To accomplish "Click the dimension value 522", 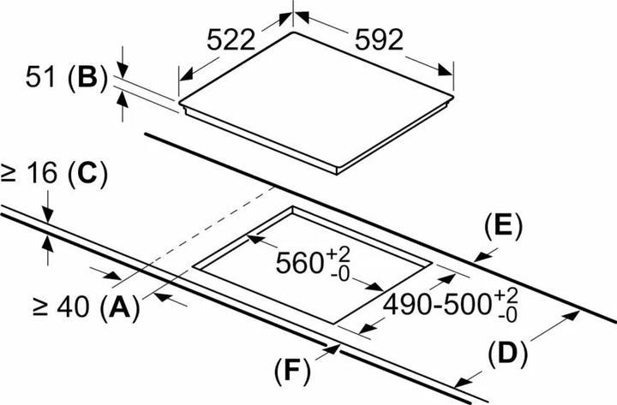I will point(232,39).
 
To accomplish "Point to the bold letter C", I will point(86,174).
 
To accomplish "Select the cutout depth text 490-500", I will point(438,305).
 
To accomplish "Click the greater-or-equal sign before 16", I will point(10,174).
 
